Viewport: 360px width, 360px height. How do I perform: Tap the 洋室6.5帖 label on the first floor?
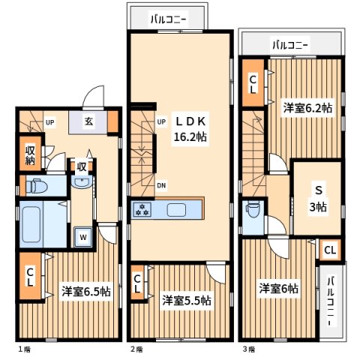pyautogui.click(x=86, y=291)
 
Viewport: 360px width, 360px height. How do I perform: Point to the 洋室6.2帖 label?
pyautogui.click(x=307, y=107)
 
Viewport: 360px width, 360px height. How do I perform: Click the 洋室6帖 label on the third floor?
pyautogui.click(x=279, y=288)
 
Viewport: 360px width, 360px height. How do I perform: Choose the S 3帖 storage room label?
pyautogui.click(x=318, y=198)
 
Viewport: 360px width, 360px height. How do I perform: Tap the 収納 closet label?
pyautogui.click(x=30, y=154)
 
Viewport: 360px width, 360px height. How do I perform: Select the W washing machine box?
pyautogui.click(x=82, y=238)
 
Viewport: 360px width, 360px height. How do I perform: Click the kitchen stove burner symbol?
pyautogui.click(x=142, y=209)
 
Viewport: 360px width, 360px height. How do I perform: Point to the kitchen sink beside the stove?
pyautogui.click(x=178, y=209)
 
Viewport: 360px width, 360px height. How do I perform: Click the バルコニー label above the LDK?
pyautogui.click(x=168, y=17)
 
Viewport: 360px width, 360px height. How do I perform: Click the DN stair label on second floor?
pyautogui.click(x=161, y=186)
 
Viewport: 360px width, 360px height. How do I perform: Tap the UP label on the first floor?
pyautogui.click(x=49, y=122)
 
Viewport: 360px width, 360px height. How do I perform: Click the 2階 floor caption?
pyautogui.click(x=136, y=349)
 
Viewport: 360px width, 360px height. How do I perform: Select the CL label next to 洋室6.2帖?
pyautogui.click(x=253, y=82)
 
